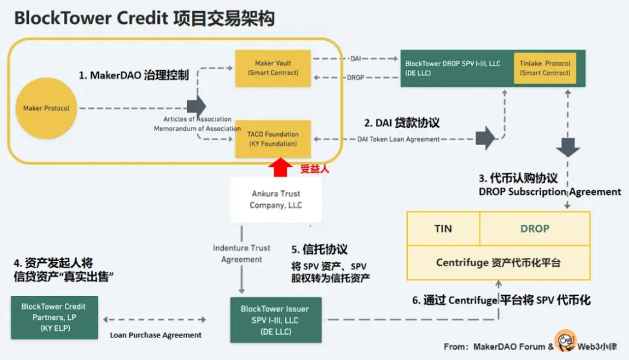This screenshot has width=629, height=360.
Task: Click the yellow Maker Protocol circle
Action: pos(47,108)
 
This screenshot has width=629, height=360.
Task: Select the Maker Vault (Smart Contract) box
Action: pos(272,68)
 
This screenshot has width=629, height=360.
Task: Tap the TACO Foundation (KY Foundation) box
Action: pos(272,139)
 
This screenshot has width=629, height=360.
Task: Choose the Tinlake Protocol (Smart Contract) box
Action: pos(545,68)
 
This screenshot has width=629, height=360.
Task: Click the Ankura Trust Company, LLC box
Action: pos(275,199)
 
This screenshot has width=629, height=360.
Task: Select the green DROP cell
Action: pos(535,229)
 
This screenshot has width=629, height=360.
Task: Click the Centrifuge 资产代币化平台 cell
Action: pos(498,263)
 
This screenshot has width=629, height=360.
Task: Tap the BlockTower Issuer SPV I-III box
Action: pos(274,319)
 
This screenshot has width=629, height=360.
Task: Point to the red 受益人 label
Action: pos(315,169)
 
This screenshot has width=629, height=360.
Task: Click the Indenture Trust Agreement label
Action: pos(241,254)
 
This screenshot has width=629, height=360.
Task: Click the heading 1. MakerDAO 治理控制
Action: pos(134,75)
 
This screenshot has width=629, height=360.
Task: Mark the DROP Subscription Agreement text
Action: pos(549,192)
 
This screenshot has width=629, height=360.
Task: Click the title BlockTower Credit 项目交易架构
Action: pos(144,19)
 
